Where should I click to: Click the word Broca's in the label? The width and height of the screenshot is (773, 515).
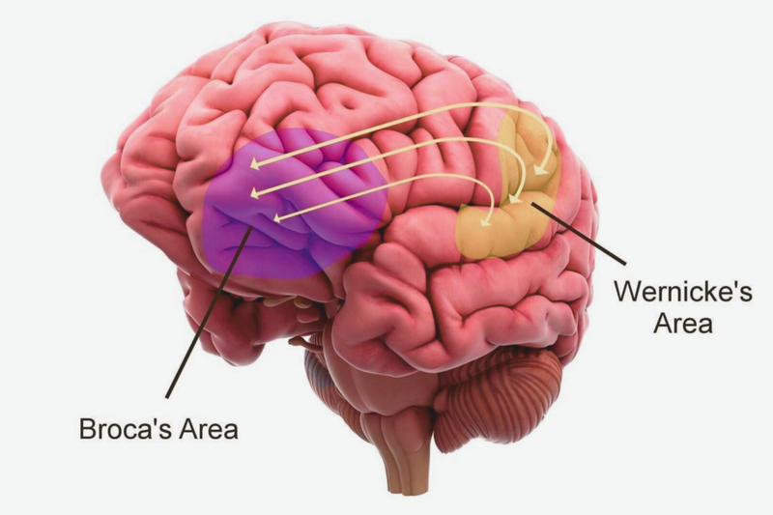(x=126, y=429)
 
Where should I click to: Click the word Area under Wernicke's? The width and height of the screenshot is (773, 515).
(x=683, y=324)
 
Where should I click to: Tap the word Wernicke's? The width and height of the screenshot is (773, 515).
(x=683, y=291)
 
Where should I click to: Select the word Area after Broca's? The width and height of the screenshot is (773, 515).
(x=208, y=429)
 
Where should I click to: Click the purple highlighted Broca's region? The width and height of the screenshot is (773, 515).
(x=296, y=202)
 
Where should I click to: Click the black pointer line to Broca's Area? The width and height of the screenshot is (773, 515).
(x=210, y=311)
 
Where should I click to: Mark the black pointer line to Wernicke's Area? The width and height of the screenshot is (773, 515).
(x=578, y=233)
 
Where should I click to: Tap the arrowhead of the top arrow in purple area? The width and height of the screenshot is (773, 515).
(x=255, y=163)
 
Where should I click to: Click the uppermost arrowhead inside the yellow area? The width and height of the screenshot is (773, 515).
(x=541, y=170)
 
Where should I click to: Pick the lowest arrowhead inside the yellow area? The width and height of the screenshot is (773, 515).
(x=487, y=222)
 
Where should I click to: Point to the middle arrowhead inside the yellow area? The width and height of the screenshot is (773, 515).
(x=515, y=198)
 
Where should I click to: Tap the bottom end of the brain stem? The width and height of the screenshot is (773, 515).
(x=402, y=491)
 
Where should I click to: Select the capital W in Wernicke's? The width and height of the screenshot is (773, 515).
(x=629, y=291)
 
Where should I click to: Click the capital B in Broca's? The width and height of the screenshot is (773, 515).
(x=87, y=429)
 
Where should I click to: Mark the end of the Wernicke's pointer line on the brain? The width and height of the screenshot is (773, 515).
(x=531, y=203)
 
